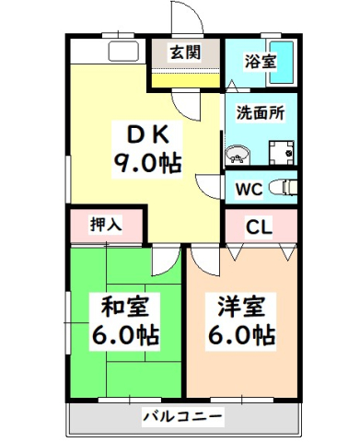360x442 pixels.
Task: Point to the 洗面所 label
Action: coord(261,116)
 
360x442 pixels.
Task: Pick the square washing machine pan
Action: coord(278,151)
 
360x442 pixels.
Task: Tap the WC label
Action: coord(249,191)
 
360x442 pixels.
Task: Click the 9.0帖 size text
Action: coord(146,166)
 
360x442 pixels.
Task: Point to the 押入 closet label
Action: coord(104,225)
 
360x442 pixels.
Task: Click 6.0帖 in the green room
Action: coord(122,335)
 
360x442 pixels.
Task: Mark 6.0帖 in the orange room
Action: coord(242,335)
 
